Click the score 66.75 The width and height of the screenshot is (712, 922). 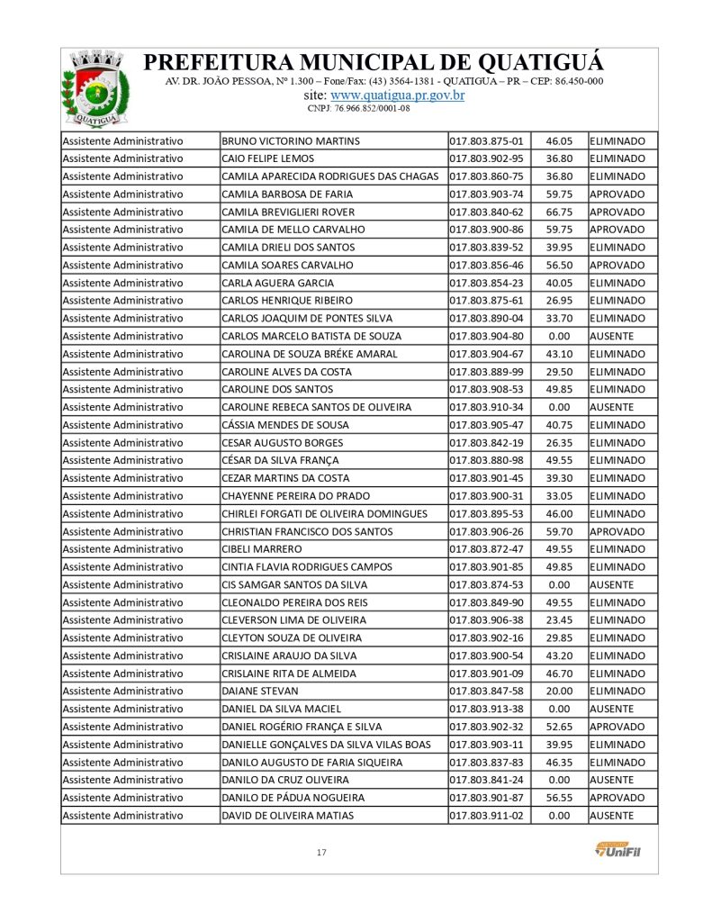coord(559,212)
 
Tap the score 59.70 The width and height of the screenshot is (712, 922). coord(559,531)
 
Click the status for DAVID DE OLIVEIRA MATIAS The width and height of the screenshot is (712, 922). coord(612,815)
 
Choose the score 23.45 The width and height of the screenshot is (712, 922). coord(559,620)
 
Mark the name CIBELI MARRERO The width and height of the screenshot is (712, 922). coord(262,549)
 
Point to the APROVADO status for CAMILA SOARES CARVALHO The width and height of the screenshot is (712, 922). coord(617,266)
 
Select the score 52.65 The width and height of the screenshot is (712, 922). coord(559,727)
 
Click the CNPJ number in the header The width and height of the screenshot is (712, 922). coord(358,108)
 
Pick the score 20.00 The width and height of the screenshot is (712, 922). coord(559,691)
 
